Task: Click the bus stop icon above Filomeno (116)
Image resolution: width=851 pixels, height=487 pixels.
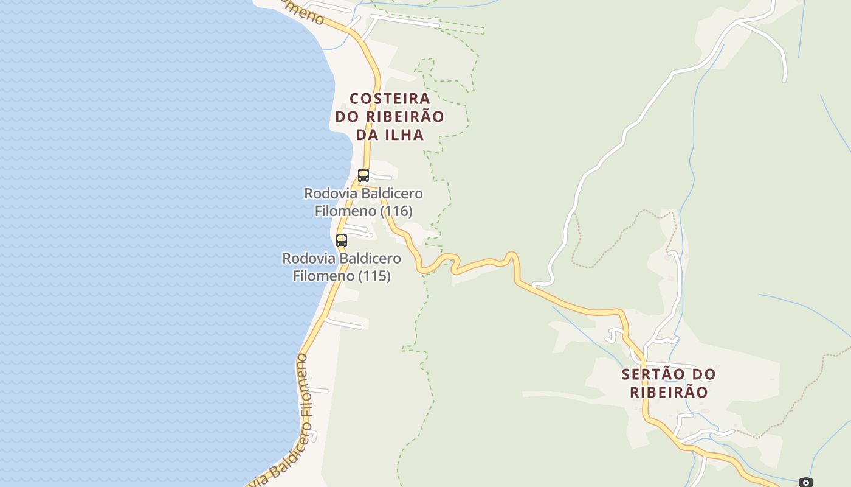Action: coord(363,175)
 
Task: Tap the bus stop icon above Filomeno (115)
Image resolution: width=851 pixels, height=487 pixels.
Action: coord(342,240)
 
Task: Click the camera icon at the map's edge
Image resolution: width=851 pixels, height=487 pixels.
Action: coord(806,483)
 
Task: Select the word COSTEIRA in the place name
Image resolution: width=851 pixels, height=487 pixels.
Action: coord(390,99)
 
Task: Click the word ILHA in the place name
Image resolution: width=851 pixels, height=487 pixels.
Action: coord(404,135)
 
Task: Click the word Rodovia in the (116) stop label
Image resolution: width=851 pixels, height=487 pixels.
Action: coord(331,194)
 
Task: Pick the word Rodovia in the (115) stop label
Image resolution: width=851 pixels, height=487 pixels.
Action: coord(309,258)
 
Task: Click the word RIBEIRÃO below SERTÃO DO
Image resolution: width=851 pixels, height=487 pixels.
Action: coord(669,392)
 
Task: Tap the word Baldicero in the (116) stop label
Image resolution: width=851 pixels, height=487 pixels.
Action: coord(392,194)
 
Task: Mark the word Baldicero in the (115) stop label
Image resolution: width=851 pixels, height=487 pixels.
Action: coord(370,258)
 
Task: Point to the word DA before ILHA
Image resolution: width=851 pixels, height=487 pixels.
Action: coord(367,135)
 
